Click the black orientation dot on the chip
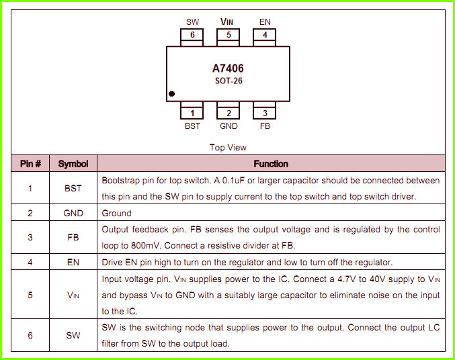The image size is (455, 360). (171, 94)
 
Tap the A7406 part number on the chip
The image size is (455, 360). (228, 69)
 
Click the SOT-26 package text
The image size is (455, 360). (229, 81)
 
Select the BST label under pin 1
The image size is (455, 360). (192, 126)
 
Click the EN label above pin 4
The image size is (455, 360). (265, 22)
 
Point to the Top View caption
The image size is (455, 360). (228, 147)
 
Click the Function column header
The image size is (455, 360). (271, 164)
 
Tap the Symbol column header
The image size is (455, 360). (73, 164)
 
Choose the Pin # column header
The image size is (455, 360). (30, 164)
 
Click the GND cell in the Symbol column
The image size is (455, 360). (73, 213)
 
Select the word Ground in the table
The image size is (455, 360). (116, 213)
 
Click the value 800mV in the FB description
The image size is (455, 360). (145, 246)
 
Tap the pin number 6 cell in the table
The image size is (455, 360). (30, 335)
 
